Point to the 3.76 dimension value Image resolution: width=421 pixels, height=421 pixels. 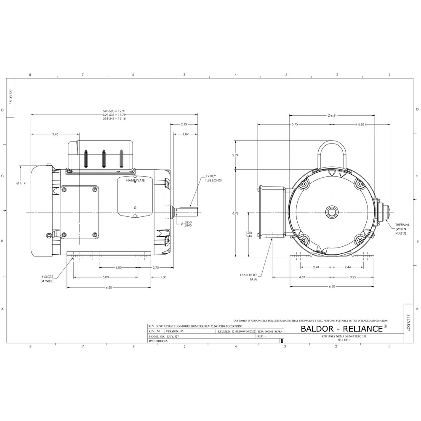55,134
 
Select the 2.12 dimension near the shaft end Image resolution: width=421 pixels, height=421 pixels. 184,124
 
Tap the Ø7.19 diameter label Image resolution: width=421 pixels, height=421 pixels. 21,183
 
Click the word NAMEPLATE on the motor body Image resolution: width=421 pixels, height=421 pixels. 135,180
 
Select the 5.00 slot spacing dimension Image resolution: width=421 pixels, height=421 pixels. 106,277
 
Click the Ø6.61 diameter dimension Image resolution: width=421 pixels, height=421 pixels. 331,115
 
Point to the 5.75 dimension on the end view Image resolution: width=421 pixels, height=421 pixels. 294,125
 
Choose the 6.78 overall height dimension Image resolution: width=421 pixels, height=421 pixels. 235,213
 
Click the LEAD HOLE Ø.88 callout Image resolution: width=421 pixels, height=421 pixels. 248,277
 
